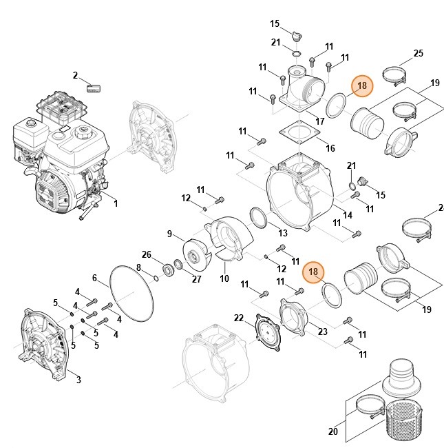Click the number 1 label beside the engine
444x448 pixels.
click(x=115, y=203)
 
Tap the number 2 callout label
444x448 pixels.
click(x=76, y=75)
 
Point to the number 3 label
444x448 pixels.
click(x=78, y=380)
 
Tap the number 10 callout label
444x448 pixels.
click(x=224, y=278)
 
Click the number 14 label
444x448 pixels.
click(x=348, y=215)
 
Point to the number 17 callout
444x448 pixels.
click(x=319, y=121)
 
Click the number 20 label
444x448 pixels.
click(x=333, y=432)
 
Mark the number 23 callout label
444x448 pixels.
click(x=321, y=332)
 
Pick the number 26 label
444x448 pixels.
click(x=146, y=254)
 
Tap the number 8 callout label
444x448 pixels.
click(x=138, y=267)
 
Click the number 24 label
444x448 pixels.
click(x=441, y=207)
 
